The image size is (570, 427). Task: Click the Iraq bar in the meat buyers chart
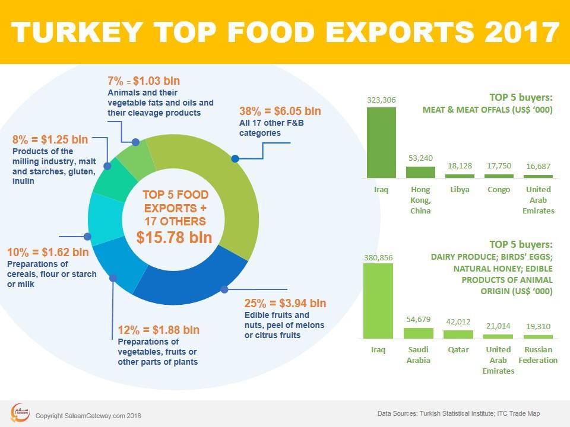point(381,142)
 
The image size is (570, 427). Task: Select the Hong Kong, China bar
point(420,172)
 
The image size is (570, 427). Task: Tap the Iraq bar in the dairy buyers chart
point(378,301)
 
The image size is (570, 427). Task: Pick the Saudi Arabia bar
point(419,333)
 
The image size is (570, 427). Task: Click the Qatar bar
point(458,334)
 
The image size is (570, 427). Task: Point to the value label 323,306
point(381,101)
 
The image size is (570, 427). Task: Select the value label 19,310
point(538,327)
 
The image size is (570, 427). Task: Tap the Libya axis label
point(460,190)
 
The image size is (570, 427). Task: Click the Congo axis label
point(499,190)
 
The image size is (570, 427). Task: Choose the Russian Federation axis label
point(538,355)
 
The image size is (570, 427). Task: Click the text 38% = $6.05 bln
point(280,111)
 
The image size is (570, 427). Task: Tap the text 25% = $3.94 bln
point(285,304)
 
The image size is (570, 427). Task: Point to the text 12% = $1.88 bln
point(159,330)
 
